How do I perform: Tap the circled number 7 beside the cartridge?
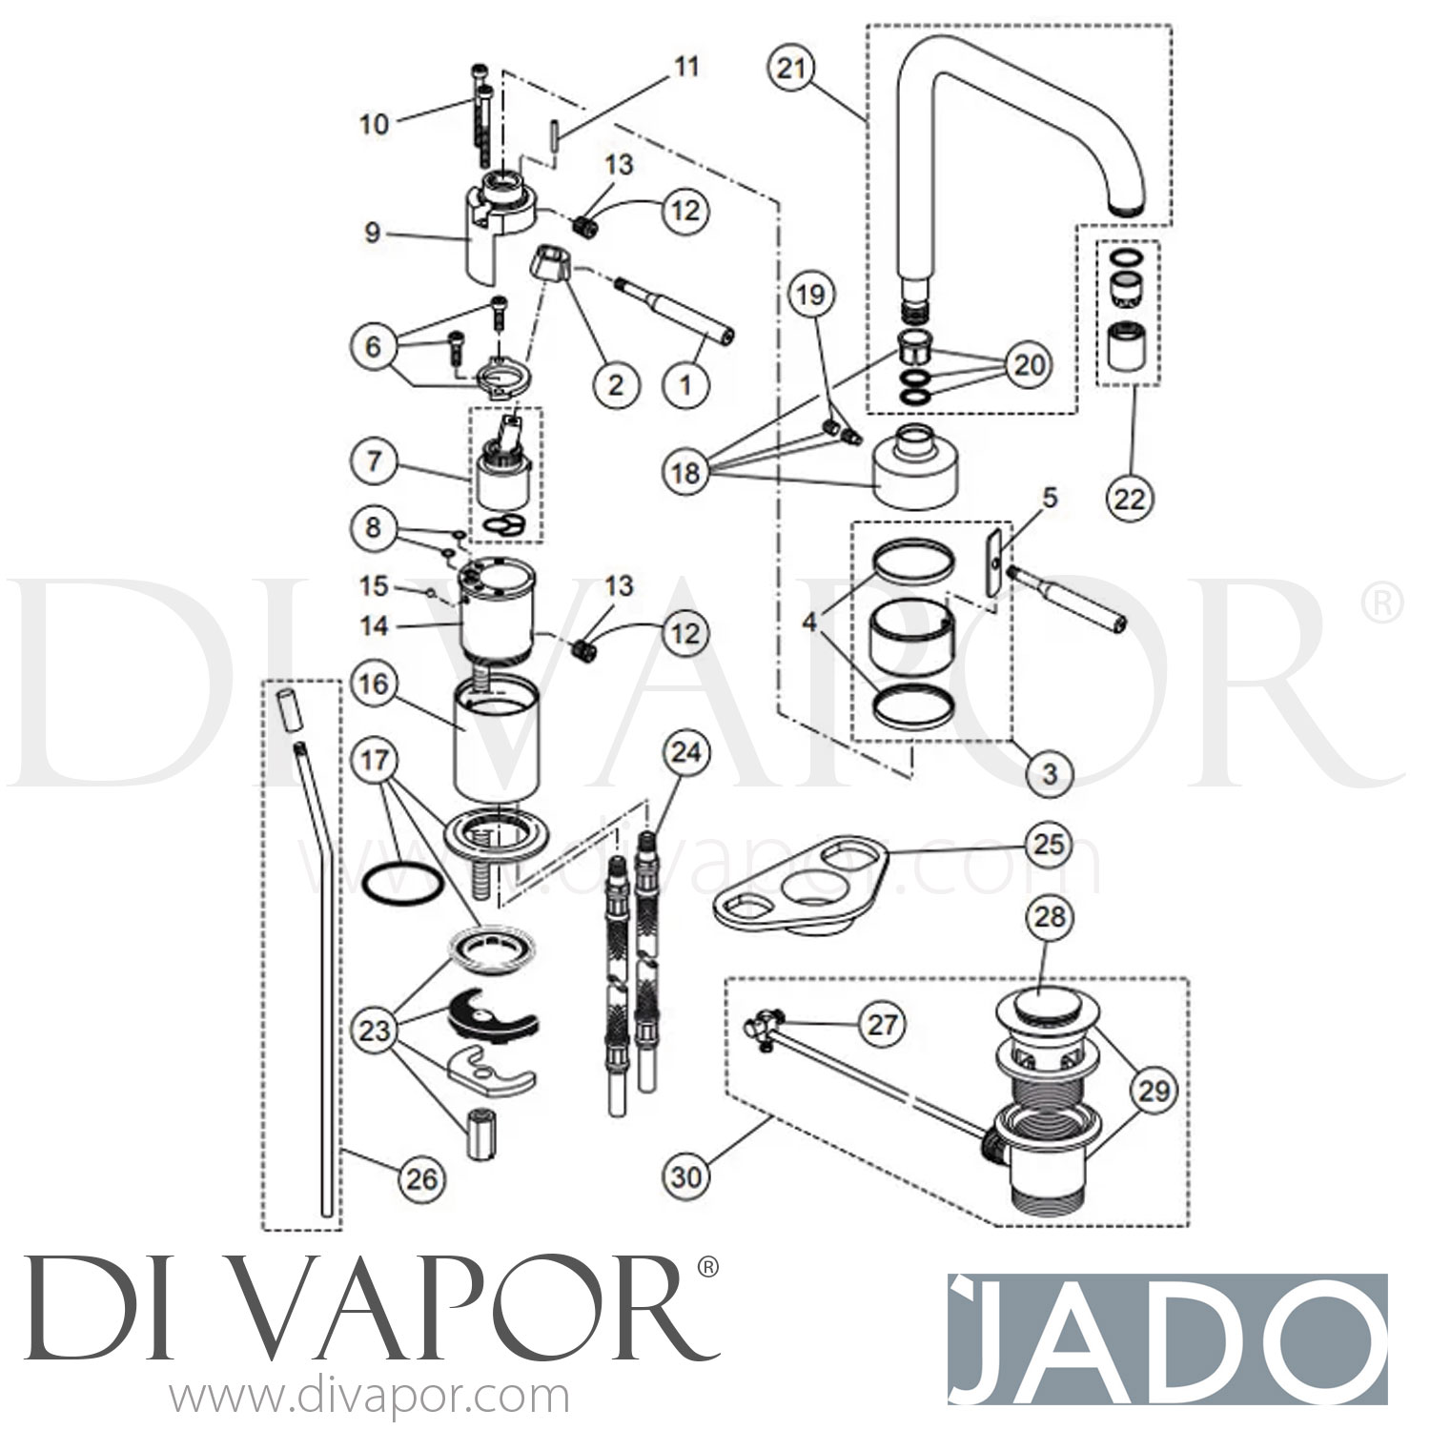pyautogui.click(x=374, y=462)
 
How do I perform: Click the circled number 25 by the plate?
pyautogui.click(x=1048, y=843)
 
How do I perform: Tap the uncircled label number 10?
pyautogui.click(x=374, y=124)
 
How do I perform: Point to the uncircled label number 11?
pyautogui.click(x=686, y=67)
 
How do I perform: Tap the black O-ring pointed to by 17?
pyautogui.click(x=403, y=884)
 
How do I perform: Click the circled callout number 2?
pyautogui.click(x=615, y=384)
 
